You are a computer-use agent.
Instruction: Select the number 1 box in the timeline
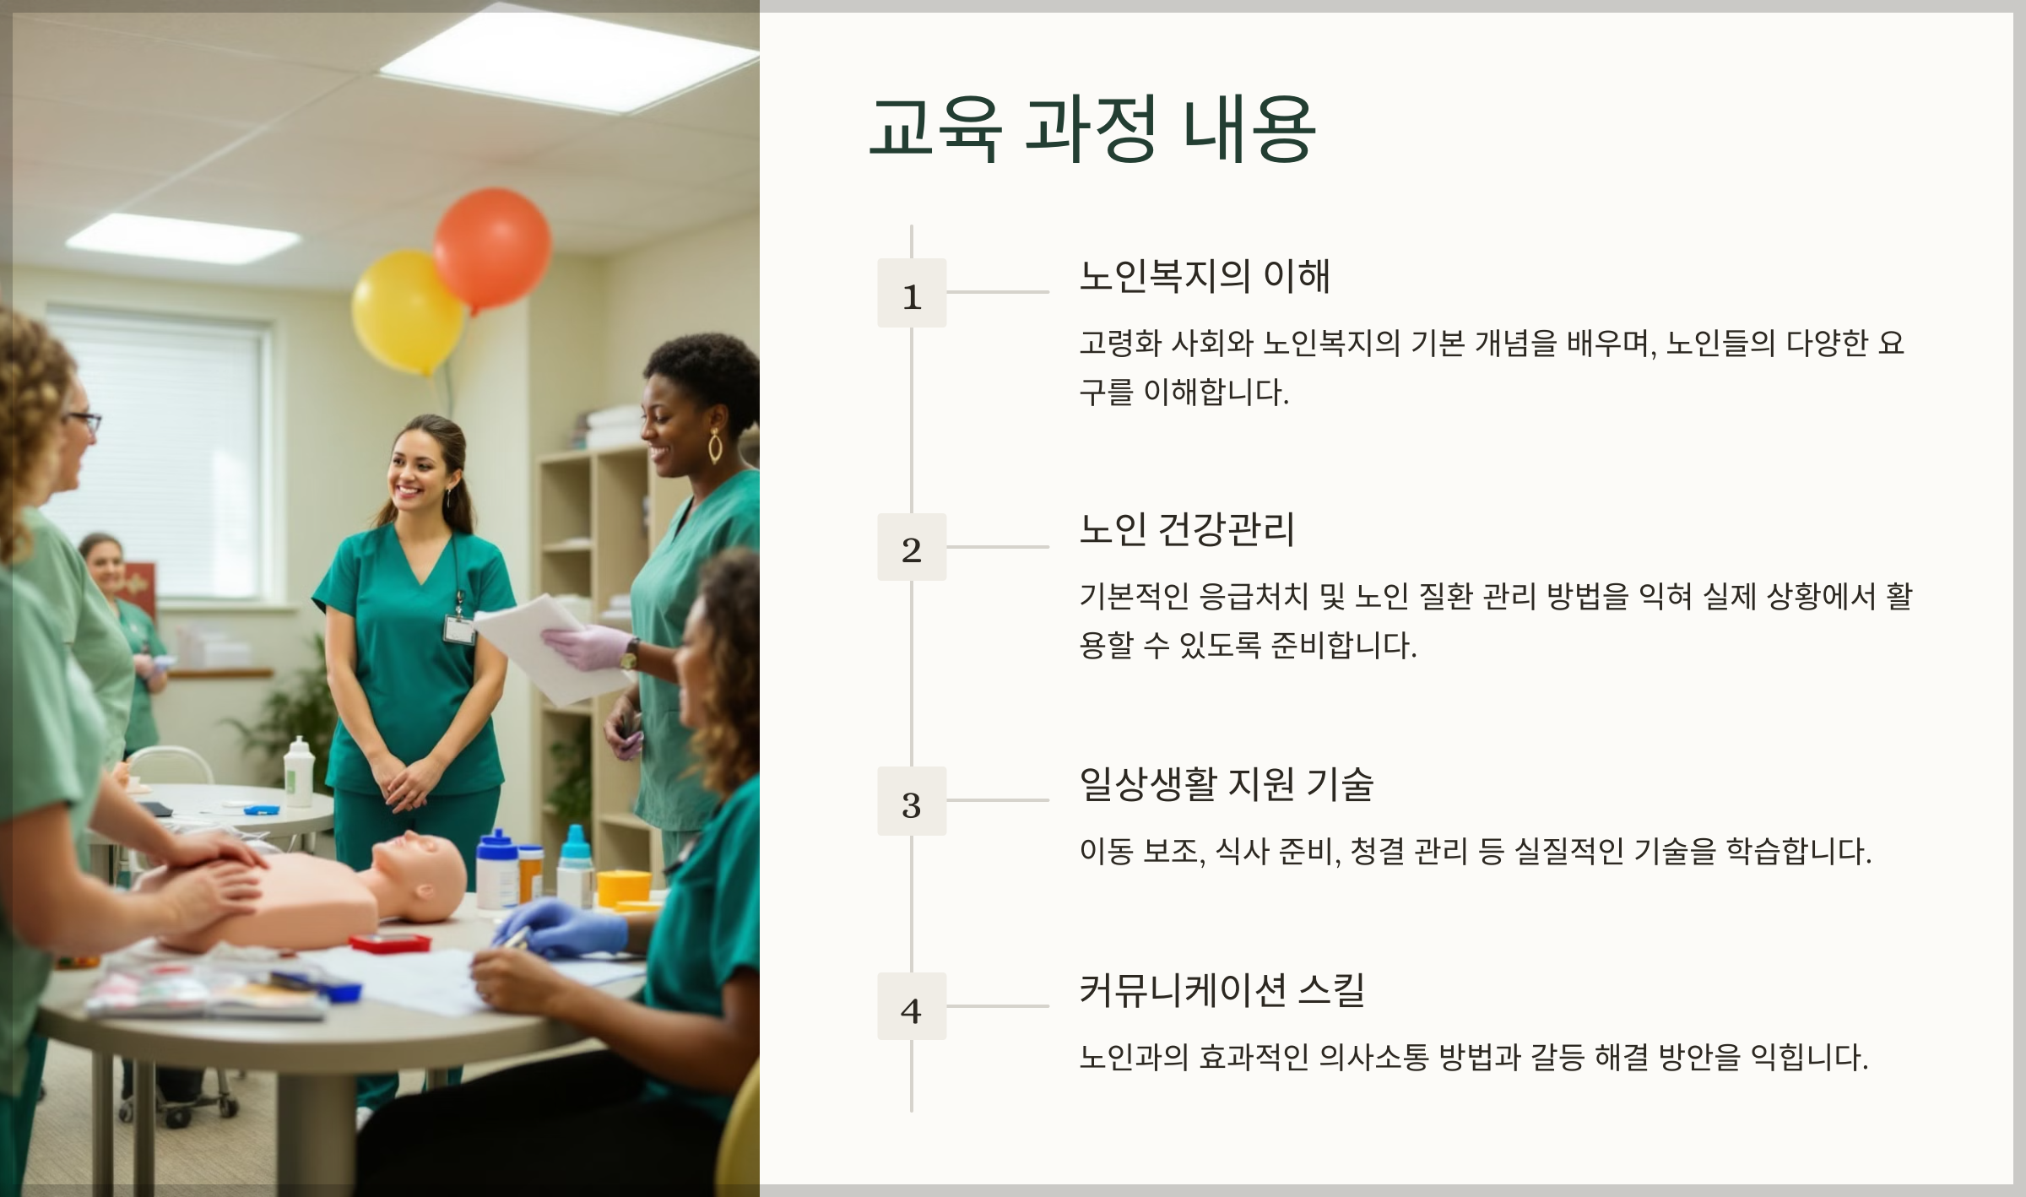[x=912, y=293]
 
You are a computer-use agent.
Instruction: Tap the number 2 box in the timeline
[x=912, y=547]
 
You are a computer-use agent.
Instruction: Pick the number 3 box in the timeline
[x=912, y=801]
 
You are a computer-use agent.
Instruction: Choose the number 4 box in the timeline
[x=912, y=1006]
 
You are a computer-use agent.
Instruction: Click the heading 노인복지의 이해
[x=1205, y=277]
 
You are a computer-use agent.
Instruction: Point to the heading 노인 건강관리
[x=1186, y=530]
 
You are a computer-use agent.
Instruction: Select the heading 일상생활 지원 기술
[x=1226, y=784]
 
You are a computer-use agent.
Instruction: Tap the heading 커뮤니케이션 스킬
[x=1222, y=990]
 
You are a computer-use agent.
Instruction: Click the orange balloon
[x=492, y=248]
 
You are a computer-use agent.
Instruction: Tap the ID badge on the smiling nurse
[x=458, y=629]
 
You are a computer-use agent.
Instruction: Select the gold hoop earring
[x=715, y=447]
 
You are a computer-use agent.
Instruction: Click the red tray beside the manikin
[x=389, y=943]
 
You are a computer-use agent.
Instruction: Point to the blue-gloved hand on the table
[x=561, y=928]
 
